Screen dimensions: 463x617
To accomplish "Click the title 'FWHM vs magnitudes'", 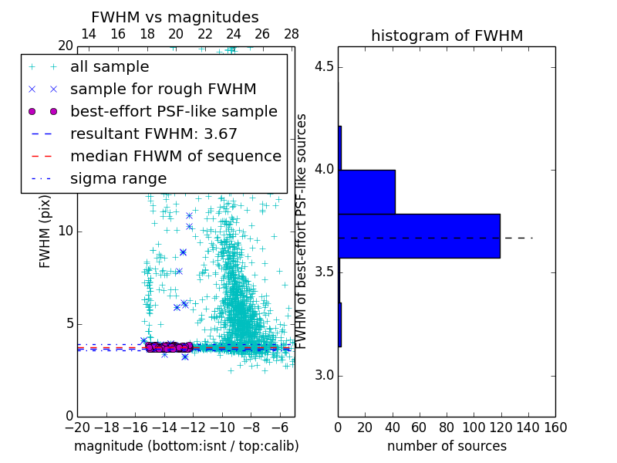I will click(x=175, y=17).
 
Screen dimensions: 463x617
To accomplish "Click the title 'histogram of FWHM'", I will click(x=447, y=35).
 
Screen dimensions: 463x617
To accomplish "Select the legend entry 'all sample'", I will click(x=110, y=67).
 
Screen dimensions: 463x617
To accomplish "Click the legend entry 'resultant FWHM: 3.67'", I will click(x=153, y=134).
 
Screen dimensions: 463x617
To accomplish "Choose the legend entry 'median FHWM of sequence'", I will click(x=175, y=157).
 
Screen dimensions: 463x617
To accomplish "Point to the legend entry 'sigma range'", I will click(x=118, y=179).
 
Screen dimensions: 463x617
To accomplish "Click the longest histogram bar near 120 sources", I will click(x=419, y=236).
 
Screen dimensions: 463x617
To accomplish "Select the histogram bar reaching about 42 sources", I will click(x=366, y=192).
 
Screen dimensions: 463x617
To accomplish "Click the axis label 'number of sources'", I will click(x=447, y=446).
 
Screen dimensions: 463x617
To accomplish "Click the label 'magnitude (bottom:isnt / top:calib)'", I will click(x=186, y=446).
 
